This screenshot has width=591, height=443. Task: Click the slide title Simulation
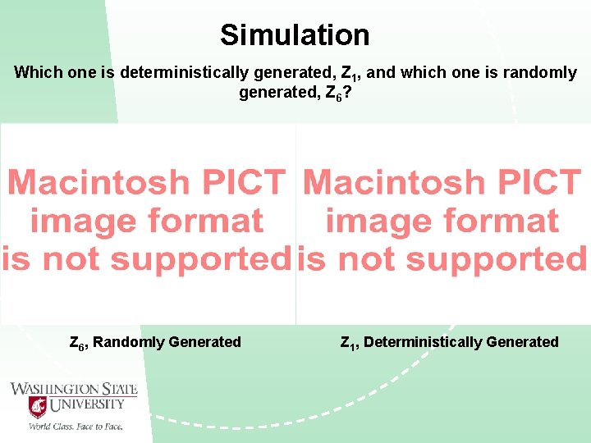(x=295, y=35)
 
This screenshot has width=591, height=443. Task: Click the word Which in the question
(x=35, y=73)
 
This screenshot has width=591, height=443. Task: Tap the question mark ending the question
(x=349, y=92)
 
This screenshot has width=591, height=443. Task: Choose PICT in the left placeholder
(x=249, y=182)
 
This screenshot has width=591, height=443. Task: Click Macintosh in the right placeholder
(x=405, y=182)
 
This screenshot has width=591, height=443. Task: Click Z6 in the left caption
(x=77, y=342)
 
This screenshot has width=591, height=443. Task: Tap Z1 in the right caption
(x=348, y=342)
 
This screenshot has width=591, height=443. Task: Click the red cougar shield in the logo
(x=38, y=406)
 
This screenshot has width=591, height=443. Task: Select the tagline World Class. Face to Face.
(x=76, y=426)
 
